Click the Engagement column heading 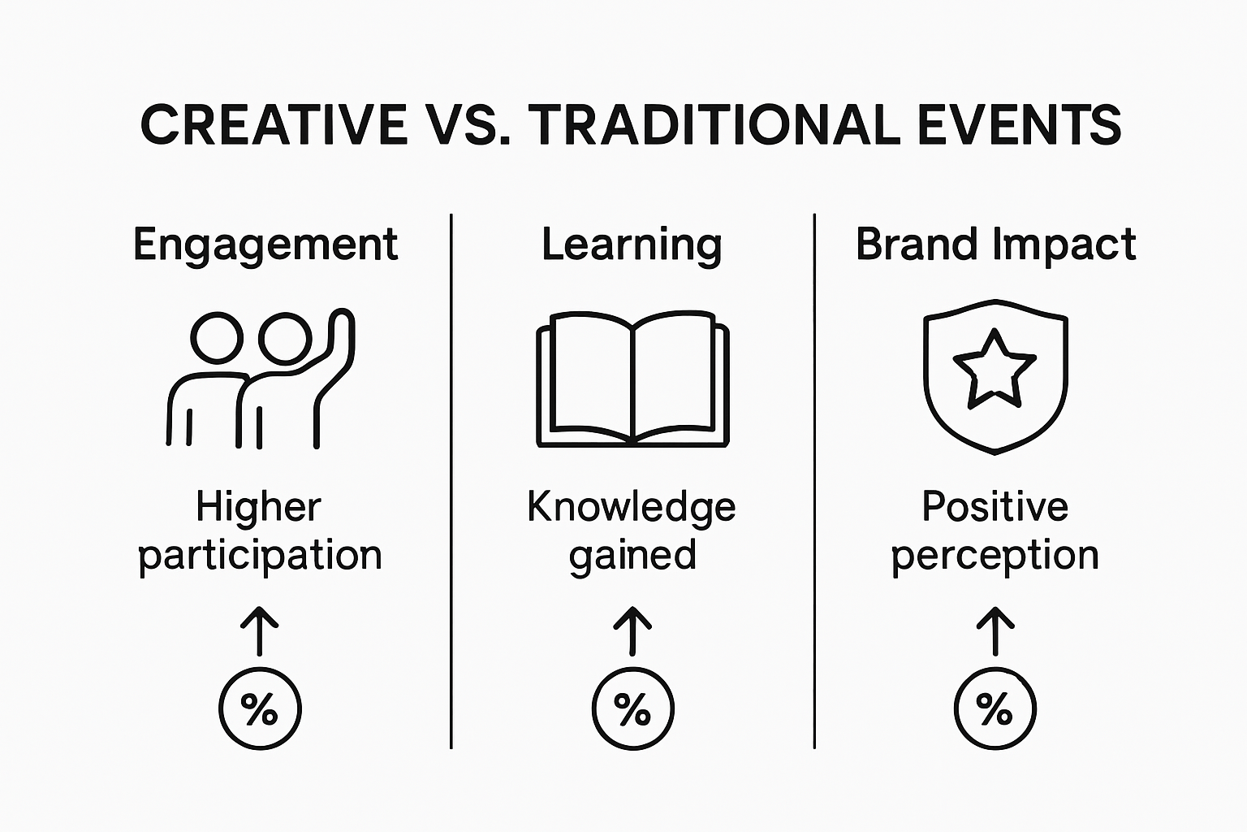click(x=265, y=245)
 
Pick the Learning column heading click(x=632, y=245)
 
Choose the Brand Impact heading click(x=995, y=245)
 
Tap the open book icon click(x=632, y=379)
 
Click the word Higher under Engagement click(x=259, y=508)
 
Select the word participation click(x=260, y=556)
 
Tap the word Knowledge click(x=632, y=508)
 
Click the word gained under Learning click(x=632, y=556)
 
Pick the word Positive click(x=995, y=508)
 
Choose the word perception click(x=995, y=556)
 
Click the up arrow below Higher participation click(x=260, y=630)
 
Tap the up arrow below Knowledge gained click(x=632, y=630)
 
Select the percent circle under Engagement click(x=260, y=708)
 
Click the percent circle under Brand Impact click(x=995, y=708)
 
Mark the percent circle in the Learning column click(x=632, y=708)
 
